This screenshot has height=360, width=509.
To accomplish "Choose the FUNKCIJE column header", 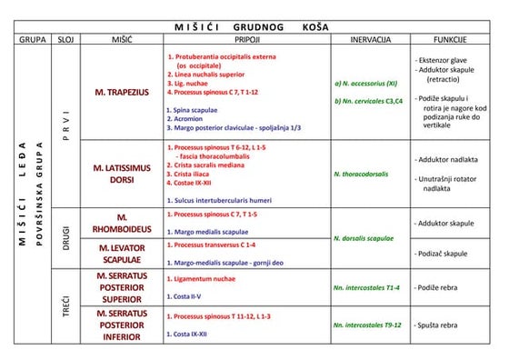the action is pyautogui.click(x=450, y=41).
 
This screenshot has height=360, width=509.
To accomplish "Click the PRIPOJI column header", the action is pyautogui.click(x=246, y=41).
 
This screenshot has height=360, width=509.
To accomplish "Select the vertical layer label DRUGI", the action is pyautogui.click(x=66, y=238).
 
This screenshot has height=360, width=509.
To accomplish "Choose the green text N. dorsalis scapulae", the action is pyautogui.click(x=368, y=238).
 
